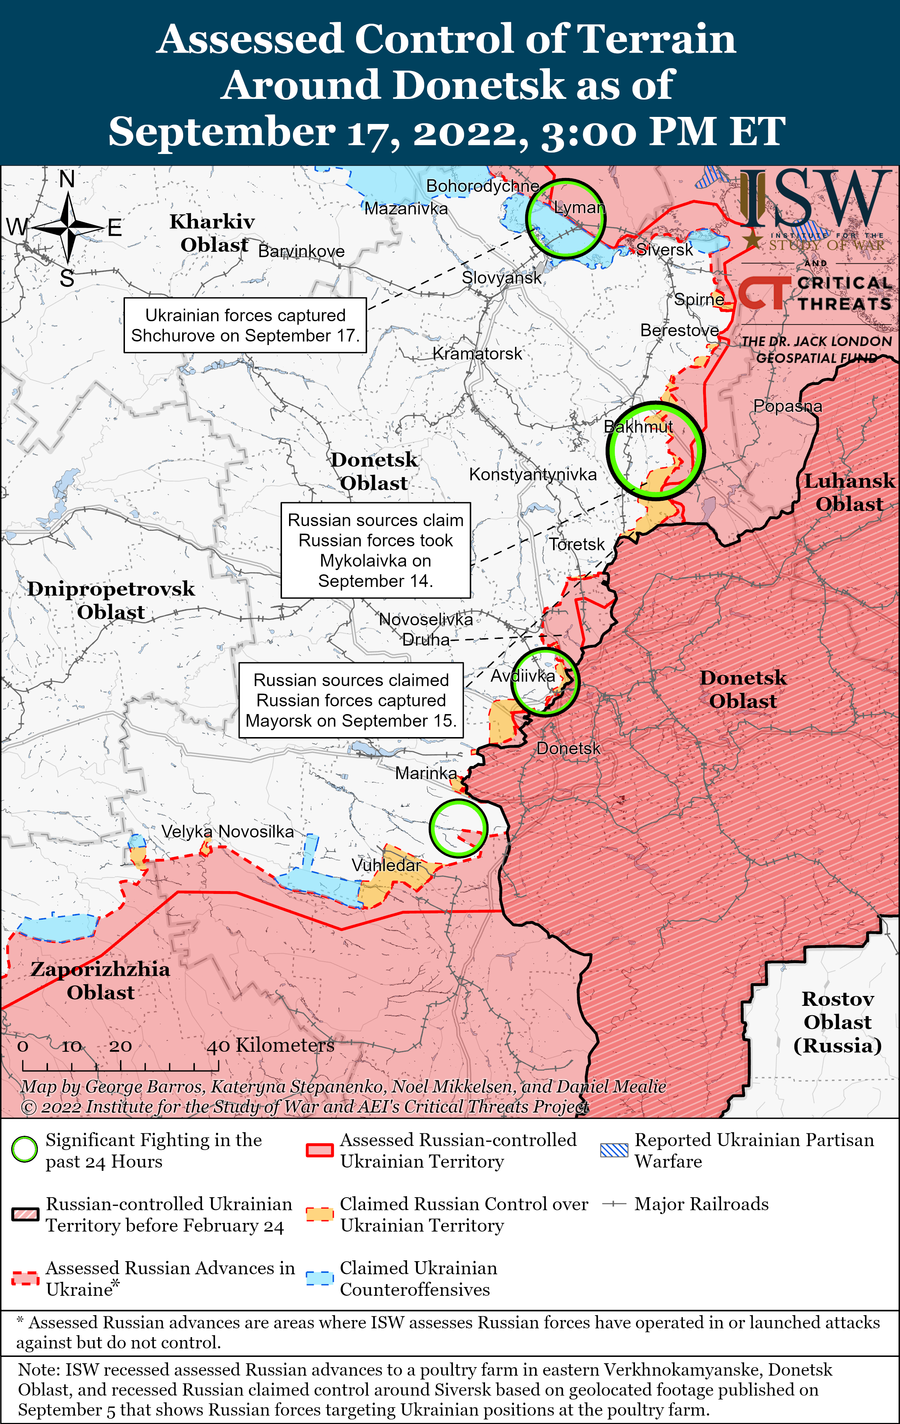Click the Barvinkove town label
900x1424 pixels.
(301, 251)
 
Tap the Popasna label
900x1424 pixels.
(787, 406)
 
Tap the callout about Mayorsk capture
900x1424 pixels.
(351, 700)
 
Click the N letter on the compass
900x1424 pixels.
(67, 179)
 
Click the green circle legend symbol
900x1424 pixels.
(25, 1150)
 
